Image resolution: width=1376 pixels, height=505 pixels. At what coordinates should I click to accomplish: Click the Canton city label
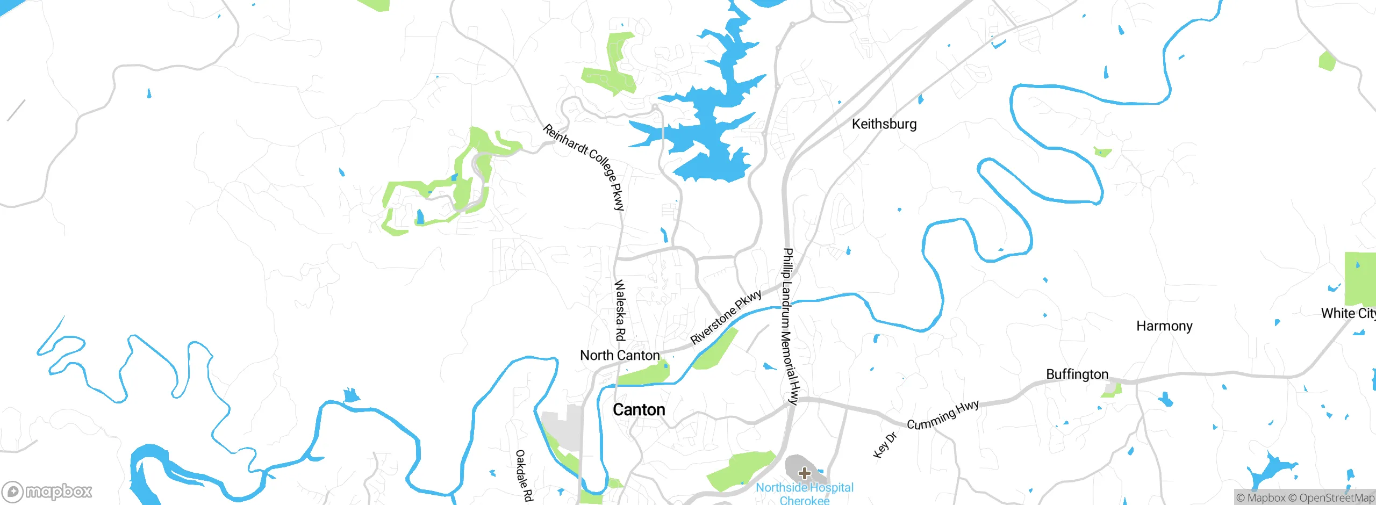(x=639, y=410)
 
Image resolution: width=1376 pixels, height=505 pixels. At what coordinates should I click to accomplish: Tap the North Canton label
(x=620, y=356)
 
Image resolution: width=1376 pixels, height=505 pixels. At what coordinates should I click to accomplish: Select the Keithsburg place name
(x=884, y=124)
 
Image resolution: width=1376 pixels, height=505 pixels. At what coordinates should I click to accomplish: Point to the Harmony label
(x=1164, y=326)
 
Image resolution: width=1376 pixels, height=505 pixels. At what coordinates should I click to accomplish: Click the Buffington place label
(x=1077, y=374)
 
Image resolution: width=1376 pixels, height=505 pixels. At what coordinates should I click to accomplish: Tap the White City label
(x=1348, y=313)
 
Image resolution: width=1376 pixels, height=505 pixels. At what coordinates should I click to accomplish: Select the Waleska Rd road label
(x=620, y=311)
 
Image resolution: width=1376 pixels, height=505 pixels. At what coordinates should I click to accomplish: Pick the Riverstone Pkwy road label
(x=726, y=316)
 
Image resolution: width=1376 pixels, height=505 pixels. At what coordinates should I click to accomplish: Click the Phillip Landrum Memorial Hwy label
(x=790, y=326)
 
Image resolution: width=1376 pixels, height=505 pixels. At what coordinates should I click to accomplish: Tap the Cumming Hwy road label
(x=943, y=415)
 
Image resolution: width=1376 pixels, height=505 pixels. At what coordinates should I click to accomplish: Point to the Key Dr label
(x=885, y=445)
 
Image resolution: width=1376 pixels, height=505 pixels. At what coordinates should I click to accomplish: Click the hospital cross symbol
(x=804, y=473)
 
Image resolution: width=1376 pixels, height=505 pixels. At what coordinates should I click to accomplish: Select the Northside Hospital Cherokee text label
(x=805, y=494)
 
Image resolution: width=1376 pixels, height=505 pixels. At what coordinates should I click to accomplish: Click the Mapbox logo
(x=47, y=491)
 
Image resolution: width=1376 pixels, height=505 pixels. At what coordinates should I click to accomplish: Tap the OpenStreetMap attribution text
(x=1331, y=498)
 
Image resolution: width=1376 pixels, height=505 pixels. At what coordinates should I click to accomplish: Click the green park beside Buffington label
(x=1112, y=389)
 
